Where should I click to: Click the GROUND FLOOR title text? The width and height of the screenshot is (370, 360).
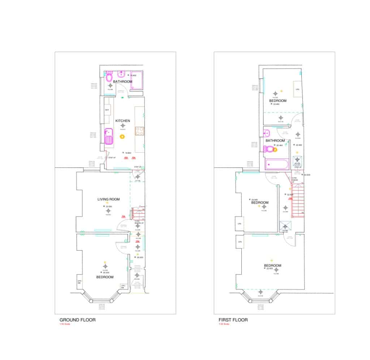(x=77, y=320)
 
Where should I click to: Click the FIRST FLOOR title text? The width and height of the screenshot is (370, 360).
(x=233, y=320)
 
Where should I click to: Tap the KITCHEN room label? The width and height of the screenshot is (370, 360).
(x=122, y=121)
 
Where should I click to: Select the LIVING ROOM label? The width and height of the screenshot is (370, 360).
(x=108, y=199)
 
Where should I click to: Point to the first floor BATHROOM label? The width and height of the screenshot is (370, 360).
(x=275, y=140)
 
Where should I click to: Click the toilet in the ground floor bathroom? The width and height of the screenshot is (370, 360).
(x=109, y=77)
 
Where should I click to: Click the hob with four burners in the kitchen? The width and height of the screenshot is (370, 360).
(x=139, y=130)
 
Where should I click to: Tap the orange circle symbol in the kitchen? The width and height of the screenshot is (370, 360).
(x=122, y=136)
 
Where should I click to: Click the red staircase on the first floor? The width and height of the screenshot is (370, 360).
(x=297, y=199)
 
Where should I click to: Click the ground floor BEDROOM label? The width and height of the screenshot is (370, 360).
(x=105, y=277)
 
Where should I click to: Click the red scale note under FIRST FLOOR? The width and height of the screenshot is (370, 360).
(x=224, y=324)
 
